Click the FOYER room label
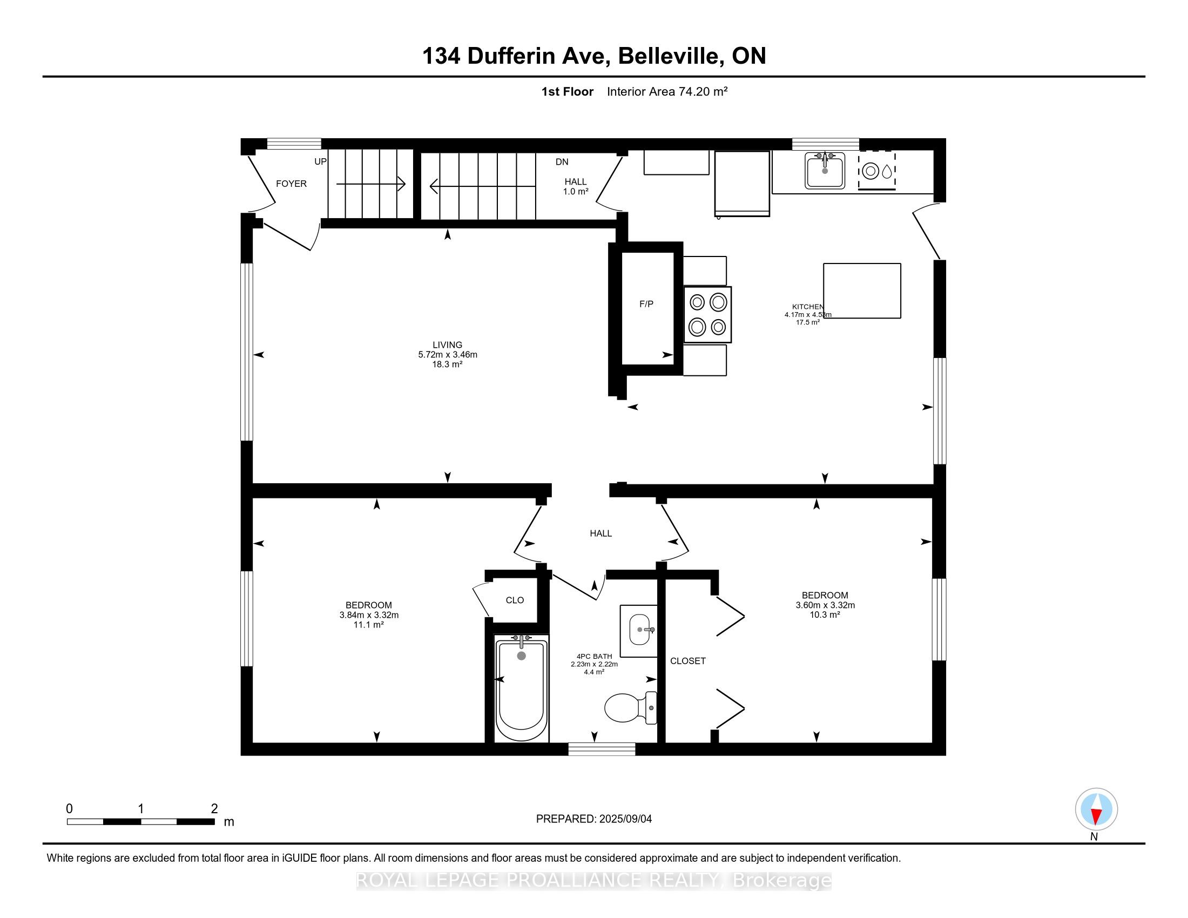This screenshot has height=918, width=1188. pyautogui.click(x=291, y=184)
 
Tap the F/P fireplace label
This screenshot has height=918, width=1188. pyautogui.click(x=646, y=304)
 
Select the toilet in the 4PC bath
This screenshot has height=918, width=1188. pyautogui.click(x=630, y=707)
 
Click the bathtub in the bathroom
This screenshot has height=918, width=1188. pyautogui.click(x=522, y=688)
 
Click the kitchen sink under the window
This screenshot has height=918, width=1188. pyautogui.click(x=825, y=170)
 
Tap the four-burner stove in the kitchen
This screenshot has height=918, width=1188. pyautogui.click(x=707, y=314)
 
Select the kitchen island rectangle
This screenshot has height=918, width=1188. pyautogui.click(x=862, y=291)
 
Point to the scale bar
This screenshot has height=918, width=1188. pyautogui.click(x=140, y=821)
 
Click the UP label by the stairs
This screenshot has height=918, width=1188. pyautogui.click(x=320, y=161)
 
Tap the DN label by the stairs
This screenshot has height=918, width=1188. pyautogui.click(x=562, y=161)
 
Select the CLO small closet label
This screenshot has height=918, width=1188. pyautogui.click(x=515, y=600)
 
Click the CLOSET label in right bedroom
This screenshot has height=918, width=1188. pyautogui.click(x=688, y=661)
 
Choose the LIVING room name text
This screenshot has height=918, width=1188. pyautogui.click(x=448, y=345)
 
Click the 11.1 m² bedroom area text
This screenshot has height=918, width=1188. pyautogui.click(x=369, y=625)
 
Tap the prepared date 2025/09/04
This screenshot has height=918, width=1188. pyautogui.click(x=625, y=819)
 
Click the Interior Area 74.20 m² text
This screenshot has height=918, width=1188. pyautogui.click(x=667, y=91)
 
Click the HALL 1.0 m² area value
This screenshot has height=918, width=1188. pyautogui.click(x=576, y=192)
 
